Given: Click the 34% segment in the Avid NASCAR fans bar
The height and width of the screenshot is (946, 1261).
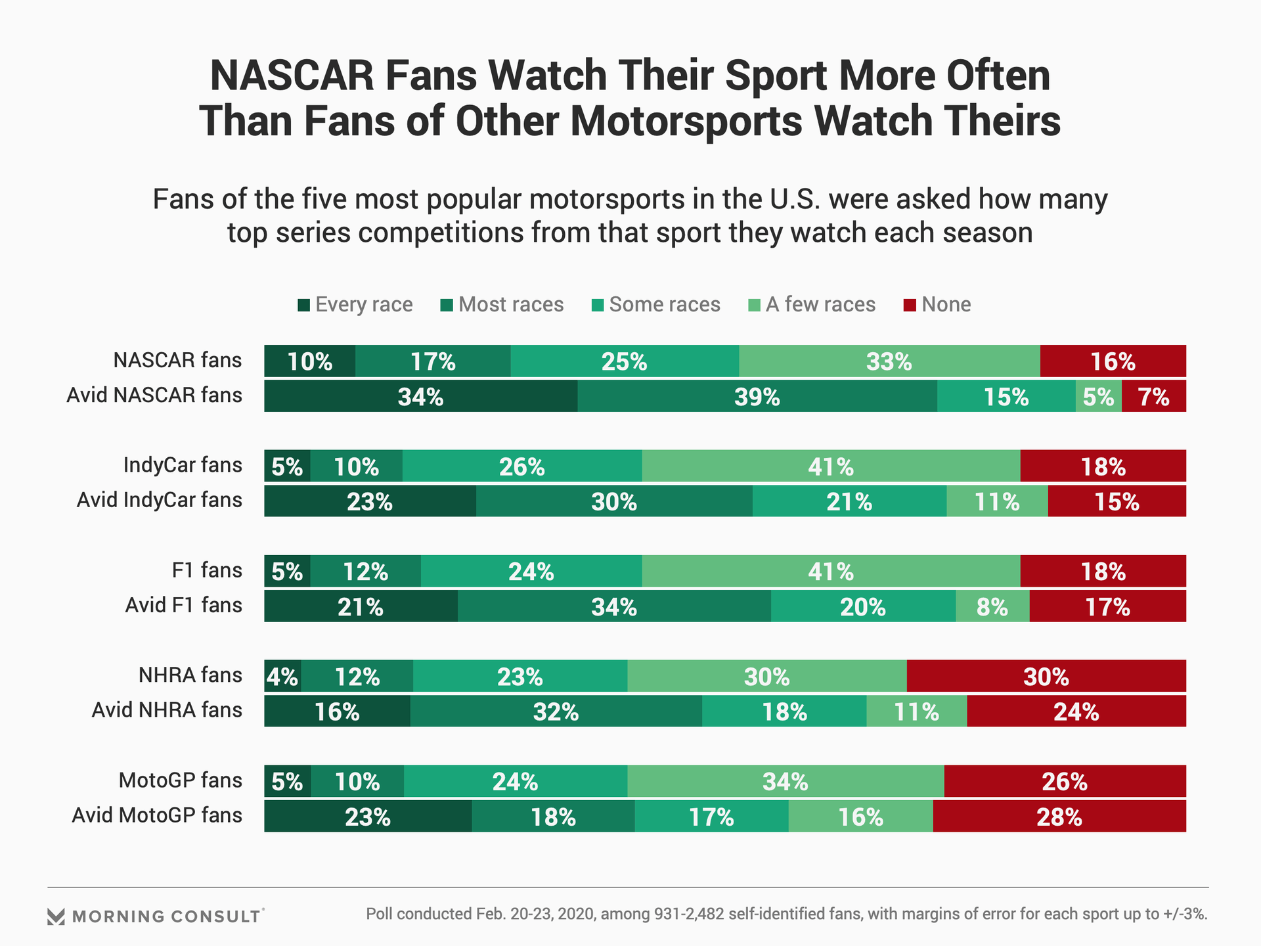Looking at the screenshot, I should click(x=420, y=396).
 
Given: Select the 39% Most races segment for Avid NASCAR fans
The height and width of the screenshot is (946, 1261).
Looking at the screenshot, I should click(x=757, y=396).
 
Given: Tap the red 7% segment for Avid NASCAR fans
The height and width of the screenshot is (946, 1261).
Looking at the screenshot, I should click(x=1153, y=396).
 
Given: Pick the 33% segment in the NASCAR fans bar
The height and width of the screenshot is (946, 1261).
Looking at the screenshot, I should click(x=889, y=361).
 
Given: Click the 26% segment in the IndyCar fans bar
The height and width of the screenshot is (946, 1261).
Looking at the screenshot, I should click(x=521, y=466).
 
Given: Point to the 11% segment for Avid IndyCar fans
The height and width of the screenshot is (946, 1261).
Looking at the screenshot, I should click(x=996, y=501).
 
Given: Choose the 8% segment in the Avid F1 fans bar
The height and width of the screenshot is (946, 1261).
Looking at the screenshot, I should click(x=992, y=606).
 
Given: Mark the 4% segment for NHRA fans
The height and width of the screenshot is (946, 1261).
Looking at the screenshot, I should click(x=282, y=677).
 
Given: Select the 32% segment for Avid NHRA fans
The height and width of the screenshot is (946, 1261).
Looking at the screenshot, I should click(x=556, y=711).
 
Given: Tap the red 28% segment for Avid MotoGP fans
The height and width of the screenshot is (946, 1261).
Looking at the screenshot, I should click(x=1059, y=817).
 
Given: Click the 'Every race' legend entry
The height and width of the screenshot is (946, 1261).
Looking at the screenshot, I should click(x=355, y=305).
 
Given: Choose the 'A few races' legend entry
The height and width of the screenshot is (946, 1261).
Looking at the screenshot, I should click(x=812, y=305).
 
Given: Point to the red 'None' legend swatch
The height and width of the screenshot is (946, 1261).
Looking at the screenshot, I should click(x=910, y=305).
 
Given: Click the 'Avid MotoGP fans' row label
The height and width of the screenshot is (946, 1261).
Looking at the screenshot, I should click(x=157, y=815).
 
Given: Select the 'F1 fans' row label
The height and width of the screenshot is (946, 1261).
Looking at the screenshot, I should click(x=207, y=570).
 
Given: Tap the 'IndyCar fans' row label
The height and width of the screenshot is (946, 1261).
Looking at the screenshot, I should click(x=183, y=465).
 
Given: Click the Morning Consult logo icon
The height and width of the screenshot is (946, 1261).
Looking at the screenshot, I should click(x=56, y=916).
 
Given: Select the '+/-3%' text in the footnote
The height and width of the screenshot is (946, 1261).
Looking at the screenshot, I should click(x=1182, y=914).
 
